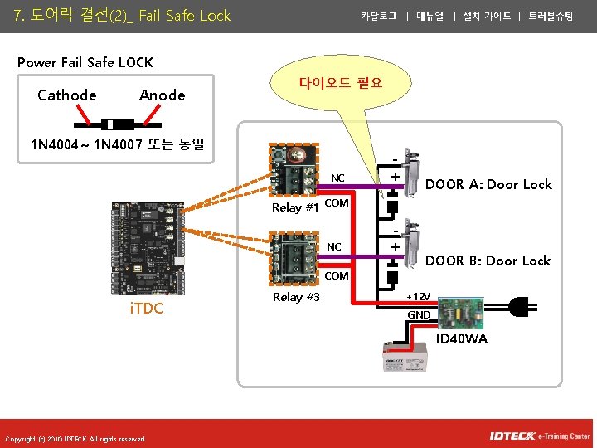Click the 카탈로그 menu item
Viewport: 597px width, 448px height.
[378, 16]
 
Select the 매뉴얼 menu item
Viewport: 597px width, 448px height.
[430, 16]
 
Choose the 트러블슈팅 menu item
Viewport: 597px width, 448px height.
[551, 16]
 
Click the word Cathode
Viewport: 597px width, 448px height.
[67, 95]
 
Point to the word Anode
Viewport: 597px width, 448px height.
[163, 95]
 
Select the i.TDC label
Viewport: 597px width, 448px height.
[146, 309]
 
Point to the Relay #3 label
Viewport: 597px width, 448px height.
[296, 297]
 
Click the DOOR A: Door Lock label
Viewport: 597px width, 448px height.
[488, 184]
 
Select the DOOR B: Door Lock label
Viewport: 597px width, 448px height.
[488, 261]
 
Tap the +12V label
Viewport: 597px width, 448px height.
[419, 297]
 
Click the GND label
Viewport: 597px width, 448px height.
[419, 315]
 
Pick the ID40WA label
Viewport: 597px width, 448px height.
[461, 338]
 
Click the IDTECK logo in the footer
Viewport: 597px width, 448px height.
[512, 436]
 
